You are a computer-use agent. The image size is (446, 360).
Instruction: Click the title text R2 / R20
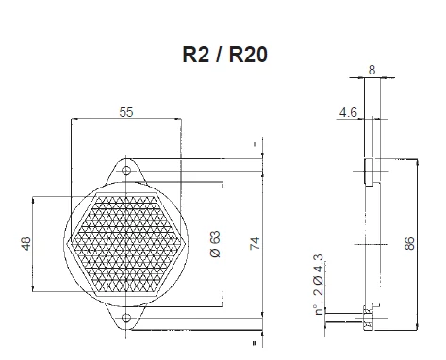point(224,55)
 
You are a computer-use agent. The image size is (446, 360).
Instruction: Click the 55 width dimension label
point(126,112)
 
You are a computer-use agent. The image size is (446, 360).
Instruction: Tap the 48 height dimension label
point(26,244)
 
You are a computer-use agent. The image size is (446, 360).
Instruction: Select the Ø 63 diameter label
point(215,244)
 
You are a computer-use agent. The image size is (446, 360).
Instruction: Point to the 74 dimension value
point(255,243)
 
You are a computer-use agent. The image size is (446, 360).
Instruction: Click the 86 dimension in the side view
point(409,243)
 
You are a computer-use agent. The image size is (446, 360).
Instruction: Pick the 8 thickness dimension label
point(372,70)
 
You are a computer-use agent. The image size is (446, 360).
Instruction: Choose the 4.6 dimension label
point(348,112)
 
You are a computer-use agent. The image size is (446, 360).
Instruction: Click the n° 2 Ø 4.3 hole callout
point(319,285)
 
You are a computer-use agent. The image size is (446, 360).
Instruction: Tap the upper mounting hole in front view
point(126,171)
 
